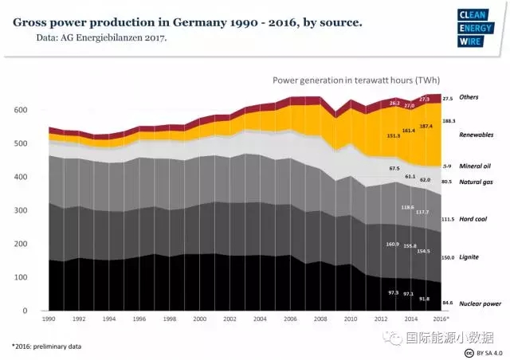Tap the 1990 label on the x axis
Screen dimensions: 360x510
point(49,319)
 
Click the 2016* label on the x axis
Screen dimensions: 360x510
point(440,319)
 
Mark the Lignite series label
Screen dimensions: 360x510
point(470,257)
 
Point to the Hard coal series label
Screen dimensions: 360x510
point(475,218)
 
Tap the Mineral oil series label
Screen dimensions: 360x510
point(476,166)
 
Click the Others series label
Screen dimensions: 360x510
point(470,97)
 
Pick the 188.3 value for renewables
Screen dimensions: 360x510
point(448,121)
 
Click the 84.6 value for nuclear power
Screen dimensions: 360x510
point(448,303)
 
